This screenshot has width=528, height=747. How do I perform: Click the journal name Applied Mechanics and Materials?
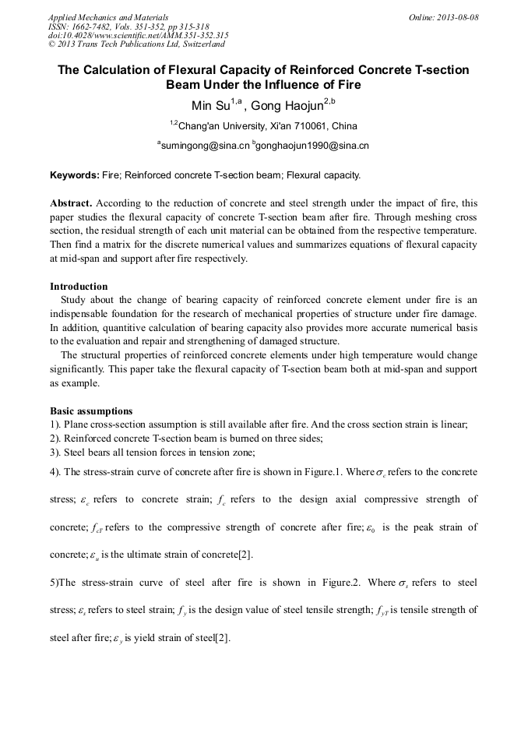[110, 16]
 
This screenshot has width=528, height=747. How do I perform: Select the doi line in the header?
[138, 35]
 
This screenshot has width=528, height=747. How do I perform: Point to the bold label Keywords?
[74, 175]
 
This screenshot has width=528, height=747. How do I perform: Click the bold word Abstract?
[71, 203]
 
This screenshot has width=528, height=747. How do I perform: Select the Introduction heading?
[79, 286]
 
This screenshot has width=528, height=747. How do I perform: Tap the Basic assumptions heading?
[91, 410]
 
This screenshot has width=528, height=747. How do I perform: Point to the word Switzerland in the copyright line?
[199, 44]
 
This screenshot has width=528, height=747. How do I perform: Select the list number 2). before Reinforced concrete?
[56, 439]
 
